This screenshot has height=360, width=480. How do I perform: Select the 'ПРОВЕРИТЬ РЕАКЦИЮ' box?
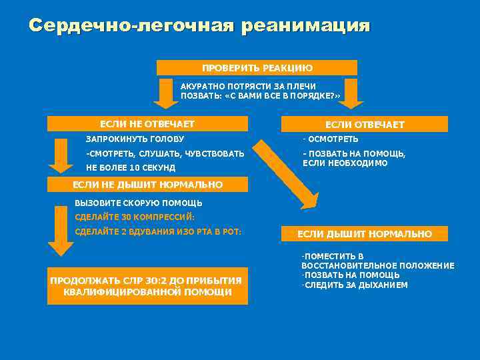pyautogui.click(x=257, y=68)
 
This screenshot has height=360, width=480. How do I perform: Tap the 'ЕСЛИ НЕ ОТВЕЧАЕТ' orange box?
pyautogui.click(x=147, y=124)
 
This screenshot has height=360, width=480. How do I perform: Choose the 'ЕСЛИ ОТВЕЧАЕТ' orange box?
pyautogui.click(x=364, y=125)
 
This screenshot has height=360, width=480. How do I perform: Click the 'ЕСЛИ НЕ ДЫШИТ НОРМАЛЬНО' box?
pyautogui.click(x=147, y=185)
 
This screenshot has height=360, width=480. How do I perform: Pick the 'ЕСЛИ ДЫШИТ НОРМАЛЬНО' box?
pyautogui.click(x=364, y=234)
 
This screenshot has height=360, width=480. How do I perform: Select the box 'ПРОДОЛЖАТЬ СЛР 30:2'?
pyautogui.click(x=147, y=286)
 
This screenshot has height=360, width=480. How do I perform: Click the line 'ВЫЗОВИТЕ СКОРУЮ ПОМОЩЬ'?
pyautogui.click(x=139, y=203)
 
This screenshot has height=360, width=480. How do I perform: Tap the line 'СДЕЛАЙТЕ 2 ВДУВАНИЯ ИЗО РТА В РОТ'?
pyautogui.click(x=158, y=232)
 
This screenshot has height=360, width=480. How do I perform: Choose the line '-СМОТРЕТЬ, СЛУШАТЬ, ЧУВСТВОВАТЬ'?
pyautogui.click(x=165, y=154)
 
